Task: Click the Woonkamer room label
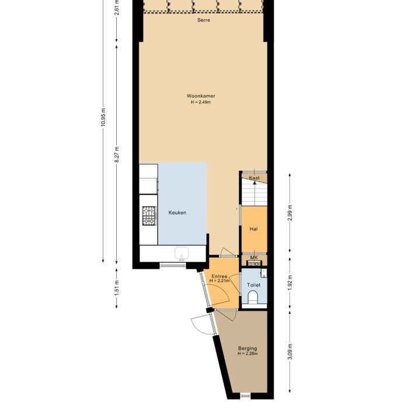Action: point(201,96)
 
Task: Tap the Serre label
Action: point(204,20)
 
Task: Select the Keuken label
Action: point(178,213)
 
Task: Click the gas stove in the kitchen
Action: point(150,216)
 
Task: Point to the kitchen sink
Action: point(182,254)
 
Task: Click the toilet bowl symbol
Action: point(253,297)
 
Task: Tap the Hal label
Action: point(254,229)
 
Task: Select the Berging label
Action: point(248,348)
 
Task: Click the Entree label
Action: point(219,276)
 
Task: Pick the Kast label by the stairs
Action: point(254,178)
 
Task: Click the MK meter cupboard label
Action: point(254,258)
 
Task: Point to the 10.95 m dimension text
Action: point(103,117)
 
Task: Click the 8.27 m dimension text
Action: point(117,154)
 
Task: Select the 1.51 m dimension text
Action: point(117,288)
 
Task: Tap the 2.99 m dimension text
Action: point(290,213)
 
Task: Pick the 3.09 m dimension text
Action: point(290,352)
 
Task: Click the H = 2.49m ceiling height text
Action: point(201,102)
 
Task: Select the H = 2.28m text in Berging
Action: point(248,353)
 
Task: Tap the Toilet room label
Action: point(254,285)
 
